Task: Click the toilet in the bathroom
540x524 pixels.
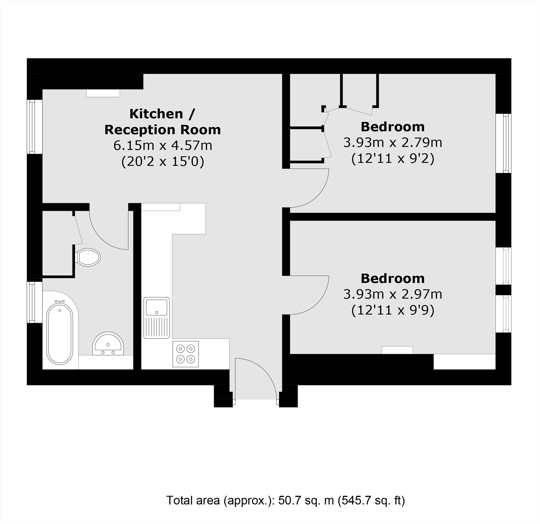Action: click(88, 257)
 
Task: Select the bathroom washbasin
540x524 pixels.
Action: click(108, 344)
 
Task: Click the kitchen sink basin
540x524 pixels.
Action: click(157, 307)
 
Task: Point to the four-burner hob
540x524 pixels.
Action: click(186, 354)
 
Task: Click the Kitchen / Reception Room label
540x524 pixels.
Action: click(163, 122)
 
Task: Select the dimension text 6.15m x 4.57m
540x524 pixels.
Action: click(163, 145)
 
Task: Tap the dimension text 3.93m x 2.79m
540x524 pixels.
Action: click(393, 143)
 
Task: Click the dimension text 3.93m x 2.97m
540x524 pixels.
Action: click(393, 294)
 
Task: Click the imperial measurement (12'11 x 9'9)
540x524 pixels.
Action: click(393, 310)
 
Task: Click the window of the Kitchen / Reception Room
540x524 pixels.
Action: click(35, 127)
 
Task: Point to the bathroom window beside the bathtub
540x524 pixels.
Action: click(35, 302)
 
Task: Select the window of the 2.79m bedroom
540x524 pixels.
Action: click(503, 143)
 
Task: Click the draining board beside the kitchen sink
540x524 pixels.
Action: click(157, 327)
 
